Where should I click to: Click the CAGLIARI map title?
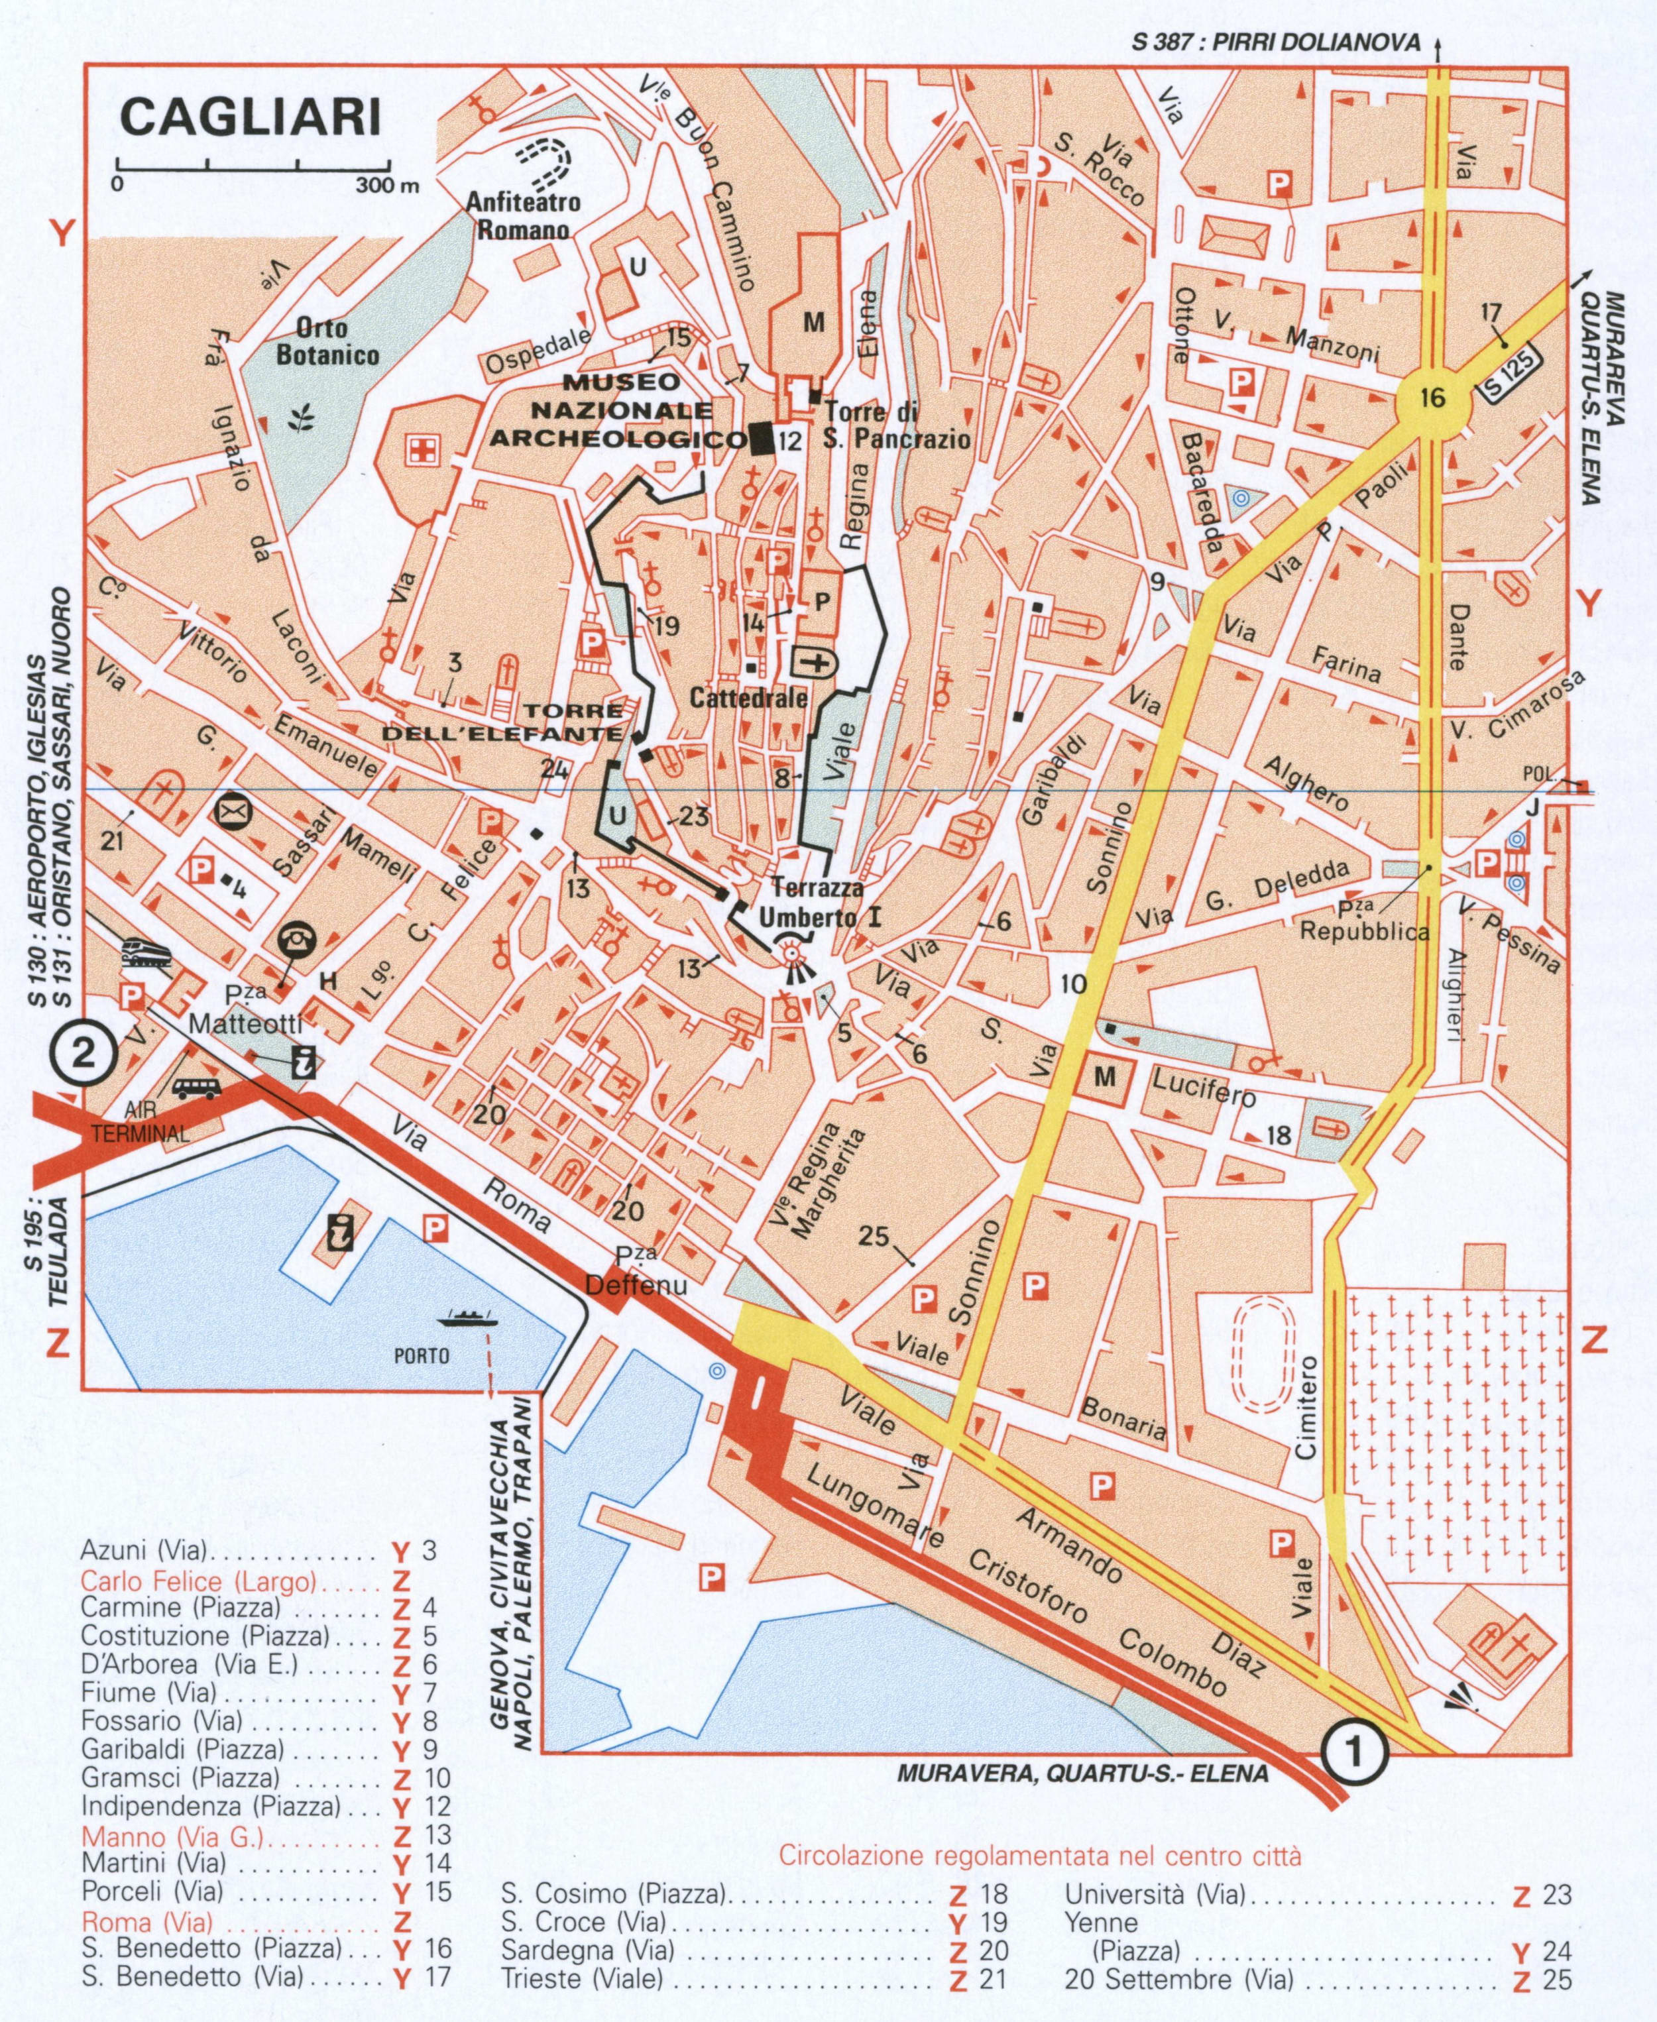point(250,117)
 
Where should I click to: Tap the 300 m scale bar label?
point(388,185)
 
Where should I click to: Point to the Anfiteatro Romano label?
point(523,215)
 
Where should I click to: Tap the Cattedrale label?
point(748,698)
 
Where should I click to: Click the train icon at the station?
point(145,952)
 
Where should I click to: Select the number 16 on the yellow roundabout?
point(1432,398)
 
